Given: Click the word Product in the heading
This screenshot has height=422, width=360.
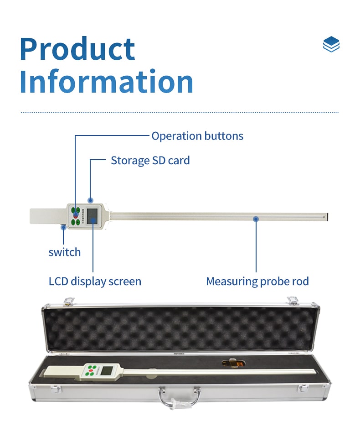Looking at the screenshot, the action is [77, 49].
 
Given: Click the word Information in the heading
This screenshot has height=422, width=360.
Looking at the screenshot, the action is [107, 81].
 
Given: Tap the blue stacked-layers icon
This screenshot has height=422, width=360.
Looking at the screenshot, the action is [331, 44].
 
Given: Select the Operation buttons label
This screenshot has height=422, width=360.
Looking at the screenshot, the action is [197, 136].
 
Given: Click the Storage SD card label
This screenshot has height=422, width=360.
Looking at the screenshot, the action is [150, 161].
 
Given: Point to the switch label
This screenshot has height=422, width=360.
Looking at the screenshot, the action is [65, 252].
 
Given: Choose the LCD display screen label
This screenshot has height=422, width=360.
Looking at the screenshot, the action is [95, 281].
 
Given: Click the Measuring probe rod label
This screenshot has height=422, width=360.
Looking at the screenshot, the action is [257, 281].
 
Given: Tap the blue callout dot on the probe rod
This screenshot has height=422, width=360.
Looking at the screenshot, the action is [256, 219].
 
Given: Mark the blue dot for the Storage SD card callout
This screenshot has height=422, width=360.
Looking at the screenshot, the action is [91, 200].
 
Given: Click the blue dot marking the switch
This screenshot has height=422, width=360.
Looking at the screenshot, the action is [63, 227].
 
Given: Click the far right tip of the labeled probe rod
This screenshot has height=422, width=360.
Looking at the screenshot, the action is [327, 217].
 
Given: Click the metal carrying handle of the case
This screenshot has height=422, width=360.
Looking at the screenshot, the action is [179, 397].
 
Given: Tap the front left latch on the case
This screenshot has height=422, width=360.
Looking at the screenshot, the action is [56, 389].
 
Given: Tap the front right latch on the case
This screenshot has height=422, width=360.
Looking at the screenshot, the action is [303, 388].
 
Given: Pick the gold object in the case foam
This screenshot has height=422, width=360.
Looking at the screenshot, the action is [233, 363].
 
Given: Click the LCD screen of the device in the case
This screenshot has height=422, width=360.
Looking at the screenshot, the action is [106, 370].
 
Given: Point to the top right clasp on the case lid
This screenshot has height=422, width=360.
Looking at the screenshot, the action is [293, 301].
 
